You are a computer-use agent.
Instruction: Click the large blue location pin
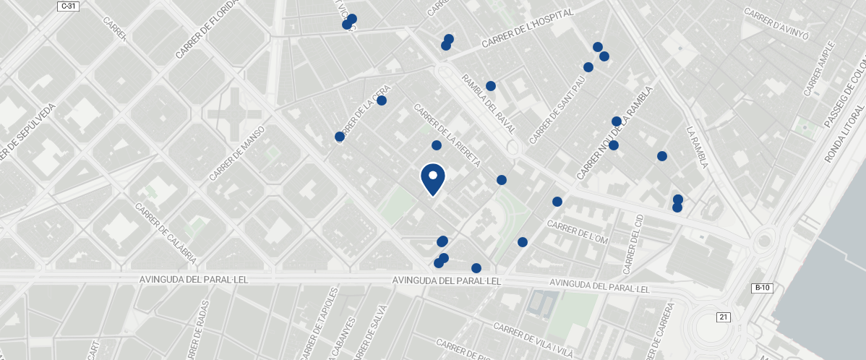[432, 179]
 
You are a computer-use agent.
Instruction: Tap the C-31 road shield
[67, 6]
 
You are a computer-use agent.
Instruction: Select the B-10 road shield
[762, 288]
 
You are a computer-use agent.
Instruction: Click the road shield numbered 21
[724, 317]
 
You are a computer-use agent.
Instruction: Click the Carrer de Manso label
[238, 153]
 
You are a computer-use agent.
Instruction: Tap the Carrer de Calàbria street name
[166, 232]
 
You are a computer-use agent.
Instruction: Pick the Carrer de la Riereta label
[447, 135]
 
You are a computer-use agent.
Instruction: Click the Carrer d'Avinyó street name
[776, 25]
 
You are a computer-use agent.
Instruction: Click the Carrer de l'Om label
[579, 231]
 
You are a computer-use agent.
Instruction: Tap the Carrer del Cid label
[632, 244]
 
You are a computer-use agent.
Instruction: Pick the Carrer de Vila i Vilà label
[533, 335]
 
